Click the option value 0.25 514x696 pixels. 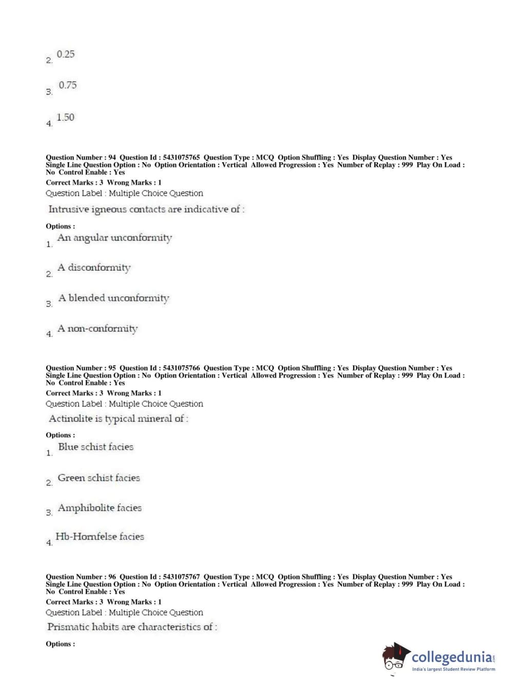click(x=65, y=54)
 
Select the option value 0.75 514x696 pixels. click(x=67, y=85)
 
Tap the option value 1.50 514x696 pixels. click(x=65, y=118)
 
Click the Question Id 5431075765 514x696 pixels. click(x=181, y=158)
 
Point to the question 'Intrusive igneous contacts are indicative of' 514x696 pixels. click(x=146, y=209)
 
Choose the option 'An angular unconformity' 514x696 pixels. click(x=115, y=238)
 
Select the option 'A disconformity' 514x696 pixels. click(x=94, y=267)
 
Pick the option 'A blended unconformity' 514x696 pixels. click(x=113, y=298)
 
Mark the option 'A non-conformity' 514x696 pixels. click(x=98, y=328)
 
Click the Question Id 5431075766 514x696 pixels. click(x=181, y=368)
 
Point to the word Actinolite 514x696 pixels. click(x=71, y=419)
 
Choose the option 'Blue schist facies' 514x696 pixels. click(x=96, y=447)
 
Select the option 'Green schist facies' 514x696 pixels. click(x=99, y=478)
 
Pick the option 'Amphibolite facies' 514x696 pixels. click(x=100, y=508)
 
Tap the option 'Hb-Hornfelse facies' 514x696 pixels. click(x=100, y=537)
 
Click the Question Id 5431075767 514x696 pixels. click(x=181, y=577)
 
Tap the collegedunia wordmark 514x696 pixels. click(x=452, y=658)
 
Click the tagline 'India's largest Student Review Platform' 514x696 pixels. click(x=453, y=669)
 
